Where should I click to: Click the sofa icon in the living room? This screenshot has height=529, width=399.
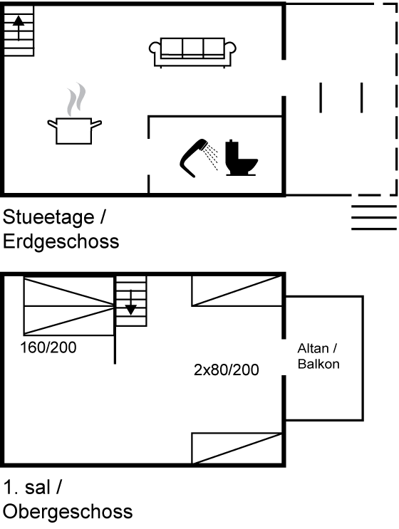pyautogui.click(x=192, y=53)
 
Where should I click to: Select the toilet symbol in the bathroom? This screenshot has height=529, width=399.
pyautogui.click(x=241, y=158)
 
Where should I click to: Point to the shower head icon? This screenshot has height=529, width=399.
pyautogui.click(x=198, y=157)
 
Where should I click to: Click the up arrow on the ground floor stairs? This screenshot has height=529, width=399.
pyautogui.click(x=19, y=28)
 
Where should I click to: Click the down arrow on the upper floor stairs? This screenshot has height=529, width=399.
pyautogui.click(x=130, y=303)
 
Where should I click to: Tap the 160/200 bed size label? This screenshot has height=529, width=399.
pyautogui.click(x=48, y=347)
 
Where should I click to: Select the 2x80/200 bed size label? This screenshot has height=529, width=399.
pyautogui.click(x=227, y=370)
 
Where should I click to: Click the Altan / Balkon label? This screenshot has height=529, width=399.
pyautogui.click(x=318, y=356)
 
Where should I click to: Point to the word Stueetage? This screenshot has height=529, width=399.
pyautogui.click(x=48, y=217)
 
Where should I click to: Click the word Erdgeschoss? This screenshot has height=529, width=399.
pyautogui.click(x=61, y=241)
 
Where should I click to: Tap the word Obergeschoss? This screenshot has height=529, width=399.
pyautogui.click(x=68, y=511)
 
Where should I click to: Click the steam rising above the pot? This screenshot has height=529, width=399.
pyautogui.click(x=76, y=100)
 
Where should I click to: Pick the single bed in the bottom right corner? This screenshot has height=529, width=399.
pyautogui.click(x=237, y=449)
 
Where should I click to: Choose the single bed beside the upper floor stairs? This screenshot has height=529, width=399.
pyautogui.click(x=237, y=290)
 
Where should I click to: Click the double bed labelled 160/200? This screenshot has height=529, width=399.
pyautogui.click(x=69, y=305)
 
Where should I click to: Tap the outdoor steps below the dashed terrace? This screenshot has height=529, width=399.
pyautogui.click(x=374, y=218)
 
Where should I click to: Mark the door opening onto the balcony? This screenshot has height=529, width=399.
pyautogui.click(x=284, y=357)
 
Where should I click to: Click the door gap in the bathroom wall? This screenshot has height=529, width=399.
pyautogui.click(x=148, y=157)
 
